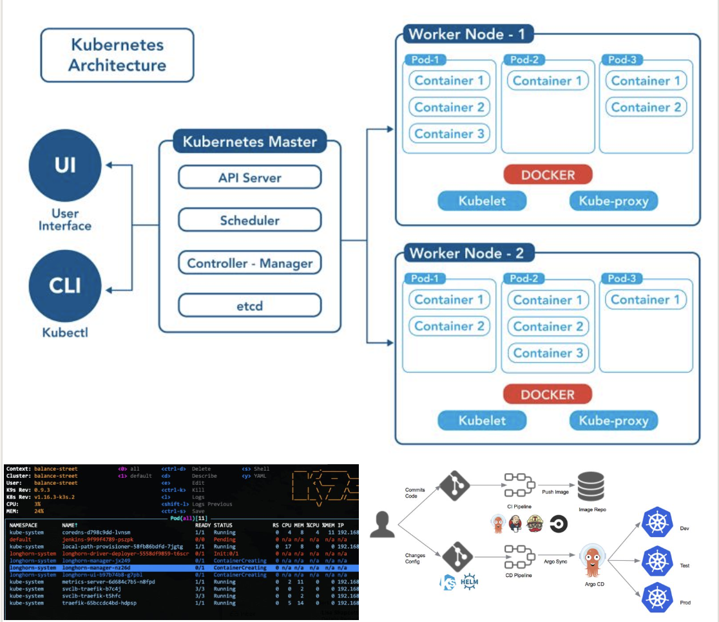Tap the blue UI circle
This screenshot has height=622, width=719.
click(x=65, y=165)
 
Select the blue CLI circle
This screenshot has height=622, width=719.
click(x=65, y=285)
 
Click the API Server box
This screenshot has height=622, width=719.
click(x=249, y=178)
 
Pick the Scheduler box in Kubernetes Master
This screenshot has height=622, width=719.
click(x=249, y=220)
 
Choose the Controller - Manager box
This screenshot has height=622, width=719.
click(x=249, y=263)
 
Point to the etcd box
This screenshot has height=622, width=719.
click(x=249, y=305)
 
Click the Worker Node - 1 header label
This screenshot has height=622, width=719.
click(x=468, y=34)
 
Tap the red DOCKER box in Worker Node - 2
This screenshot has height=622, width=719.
click(x=548, y=394)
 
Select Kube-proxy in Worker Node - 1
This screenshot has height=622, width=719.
click(x=613, y=201)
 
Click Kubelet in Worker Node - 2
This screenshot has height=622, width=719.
click(x=482, y=421)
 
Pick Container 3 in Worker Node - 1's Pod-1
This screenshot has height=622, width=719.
click(x=449, y=134)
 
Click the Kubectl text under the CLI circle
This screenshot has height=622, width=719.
click(x=65, y=333)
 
